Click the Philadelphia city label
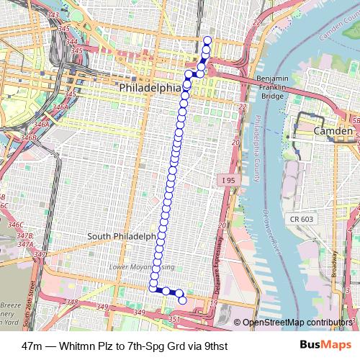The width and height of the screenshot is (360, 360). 150,87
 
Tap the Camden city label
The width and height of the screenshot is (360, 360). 333,132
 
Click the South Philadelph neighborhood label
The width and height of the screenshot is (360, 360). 121,236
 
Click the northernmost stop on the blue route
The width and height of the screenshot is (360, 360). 207,40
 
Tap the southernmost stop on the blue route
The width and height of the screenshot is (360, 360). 182,300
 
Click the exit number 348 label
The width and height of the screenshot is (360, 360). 71,303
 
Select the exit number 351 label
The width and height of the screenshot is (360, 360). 172,318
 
